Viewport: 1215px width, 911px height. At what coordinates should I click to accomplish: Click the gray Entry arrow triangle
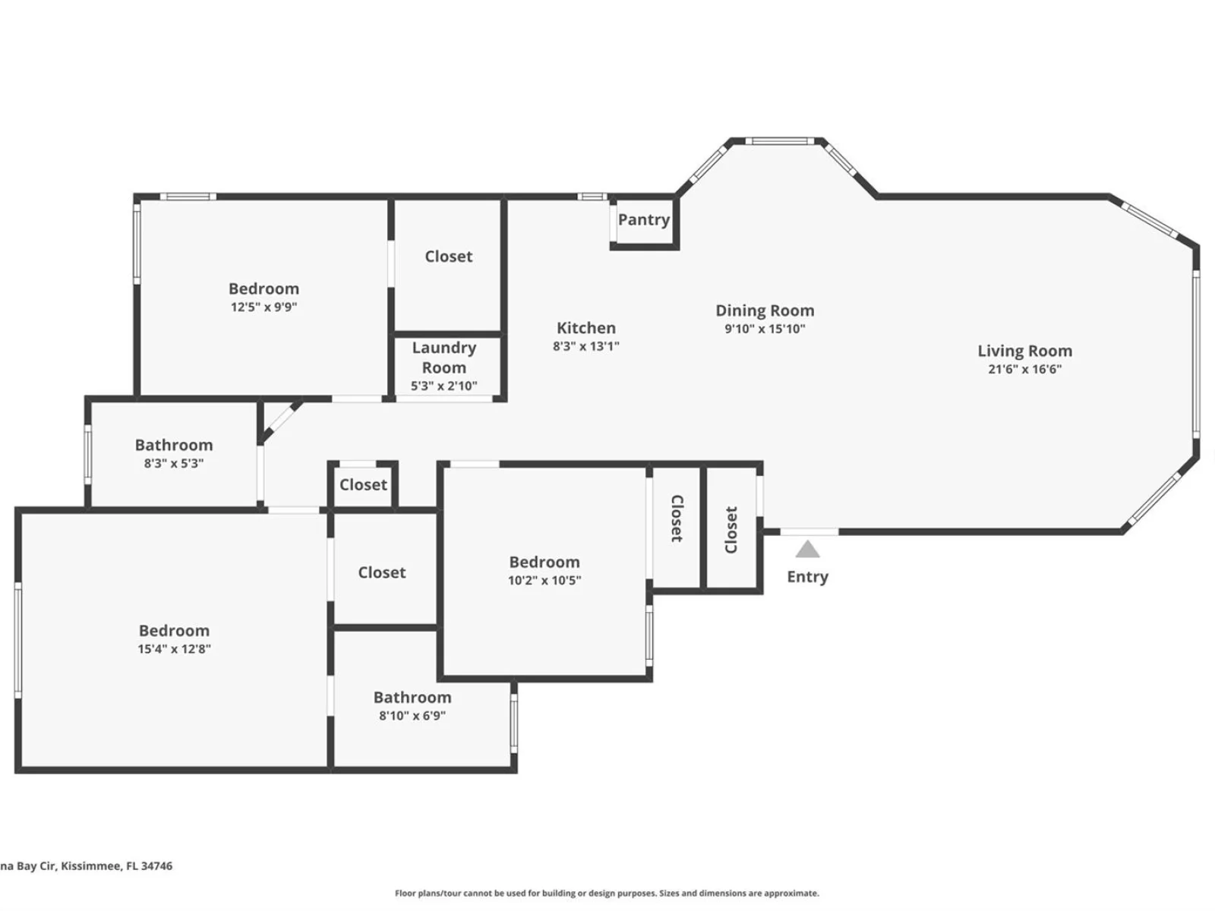(x=807, y=549)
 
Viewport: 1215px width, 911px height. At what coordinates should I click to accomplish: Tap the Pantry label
(x=644, y=219)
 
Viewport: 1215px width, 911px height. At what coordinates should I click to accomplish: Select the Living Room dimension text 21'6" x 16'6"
(x=1024, y=369)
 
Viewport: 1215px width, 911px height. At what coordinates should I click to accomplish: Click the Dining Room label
(x=765, y=310)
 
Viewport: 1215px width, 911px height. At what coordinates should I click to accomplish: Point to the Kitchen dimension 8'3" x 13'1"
(x=585, y=346)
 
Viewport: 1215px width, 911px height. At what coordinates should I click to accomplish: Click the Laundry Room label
(x=444, y=358)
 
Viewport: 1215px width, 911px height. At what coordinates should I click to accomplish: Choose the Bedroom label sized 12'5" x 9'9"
(x=264, y=288)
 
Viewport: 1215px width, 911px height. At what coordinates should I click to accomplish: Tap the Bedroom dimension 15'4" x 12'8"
(x=174, y=649)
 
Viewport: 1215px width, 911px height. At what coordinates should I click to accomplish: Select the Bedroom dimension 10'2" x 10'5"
(x=544, y=580)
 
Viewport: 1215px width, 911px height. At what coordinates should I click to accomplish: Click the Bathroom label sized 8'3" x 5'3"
(x=174, y=445)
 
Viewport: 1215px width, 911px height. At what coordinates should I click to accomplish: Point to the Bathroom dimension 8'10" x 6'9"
(x=412, y=716)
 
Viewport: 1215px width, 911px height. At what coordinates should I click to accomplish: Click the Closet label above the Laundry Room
(x=448, y=256)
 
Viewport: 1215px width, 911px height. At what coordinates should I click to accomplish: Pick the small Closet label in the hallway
(x=363, y=484)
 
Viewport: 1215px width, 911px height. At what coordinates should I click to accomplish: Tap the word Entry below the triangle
(x=807, y=577)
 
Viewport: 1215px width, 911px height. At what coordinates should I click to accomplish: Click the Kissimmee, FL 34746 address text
(x=116, y=865)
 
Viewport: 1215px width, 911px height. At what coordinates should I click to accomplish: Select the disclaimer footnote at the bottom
(x=607, y=893)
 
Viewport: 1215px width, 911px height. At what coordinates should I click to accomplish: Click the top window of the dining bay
(x=779, y=141)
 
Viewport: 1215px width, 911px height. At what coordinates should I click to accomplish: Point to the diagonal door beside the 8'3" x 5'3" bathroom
(x=280, y=421)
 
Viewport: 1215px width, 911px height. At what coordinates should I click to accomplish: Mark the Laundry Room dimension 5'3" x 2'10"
(x=444, y=386)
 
